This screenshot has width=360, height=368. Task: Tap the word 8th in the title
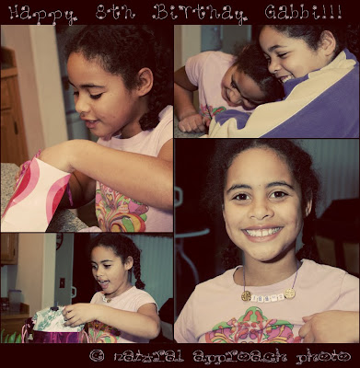tap(115, 12)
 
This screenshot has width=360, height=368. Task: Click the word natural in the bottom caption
tap(148, 357)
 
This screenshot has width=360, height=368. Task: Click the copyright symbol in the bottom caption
tap(97, 356)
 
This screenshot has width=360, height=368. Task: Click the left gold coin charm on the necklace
tap(246, 295)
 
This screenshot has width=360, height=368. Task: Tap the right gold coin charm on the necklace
tap(290, 293)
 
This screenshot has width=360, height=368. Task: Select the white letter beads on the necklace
tap(268, 296)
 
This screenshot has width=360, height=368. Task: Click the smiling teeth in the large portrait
tap(262, 232)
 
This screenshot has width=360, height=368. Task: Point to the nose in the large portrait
tap(261, 210)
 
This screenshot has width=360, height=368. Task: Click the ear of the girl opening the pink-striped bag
tap(145, 82)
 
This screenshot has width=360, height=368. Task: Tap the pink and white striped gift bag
tap(36, 195)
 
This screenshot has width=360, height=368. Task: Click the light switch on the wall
tap(62, 282)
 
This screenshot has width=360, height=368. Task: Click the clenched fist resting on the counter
tap(191, 123)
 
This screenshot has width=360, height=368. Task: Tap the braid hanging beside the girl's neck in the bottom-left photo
tap(138, 273)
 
